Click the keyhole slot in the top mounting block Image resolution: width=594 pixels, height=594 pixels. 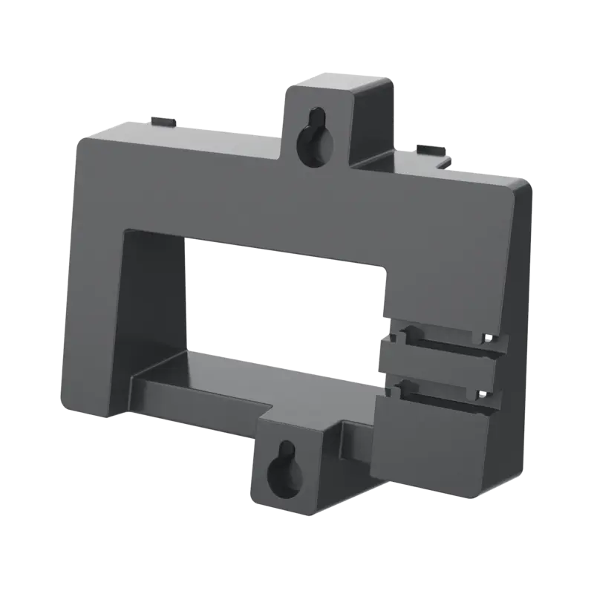[311, 138]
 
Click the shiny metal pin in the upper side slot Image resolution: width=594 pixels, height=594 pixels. [486, 339]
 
